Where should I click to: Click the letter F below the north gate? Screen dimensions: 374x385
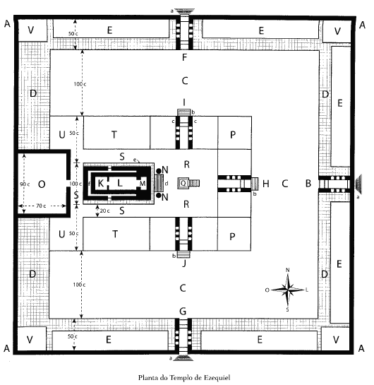point(184,57)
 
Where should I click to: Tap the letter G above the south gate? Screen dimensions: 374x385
point(183,311)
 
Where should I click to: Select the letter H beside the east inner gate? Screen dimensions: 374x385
point(266,184)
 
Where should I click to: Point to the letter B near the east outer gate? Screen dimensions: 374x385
point(308,184)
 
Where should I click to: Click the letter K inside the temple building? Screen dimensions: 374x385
point(100,183)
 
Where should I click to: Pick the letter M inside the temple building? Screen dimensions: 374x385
point(143,183)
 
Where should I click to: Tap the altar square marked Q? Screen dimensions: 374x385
point(183,183)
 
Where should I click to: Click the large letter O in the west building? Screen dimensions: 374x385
point(42,184)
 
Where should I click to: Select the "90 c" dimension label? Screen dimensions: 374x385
point(25,184)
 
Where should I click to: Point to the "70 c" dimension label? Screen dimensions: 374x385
point(41,206)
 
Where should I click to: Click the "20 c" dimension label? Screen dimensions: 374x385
point(105,211)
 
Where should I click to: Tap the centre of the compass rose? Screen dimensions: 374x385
point(288,290)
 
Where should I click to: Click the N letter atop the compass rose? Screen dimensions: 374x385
point(288,270)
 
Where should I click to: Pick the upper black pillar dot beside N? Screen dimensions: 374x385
point(159,171)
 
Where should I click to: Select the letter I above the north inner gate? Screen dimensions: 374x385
point(184,102)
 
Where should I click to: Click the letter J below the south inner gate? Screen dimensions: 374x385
point(184,263)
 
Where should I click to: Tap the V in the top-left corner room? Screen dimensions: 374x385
point(30,30)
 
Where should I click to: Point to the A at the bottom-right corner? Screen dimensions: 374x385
point(361,348)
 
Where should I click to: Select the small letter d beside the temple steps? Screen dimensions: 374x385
point(167,184)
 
